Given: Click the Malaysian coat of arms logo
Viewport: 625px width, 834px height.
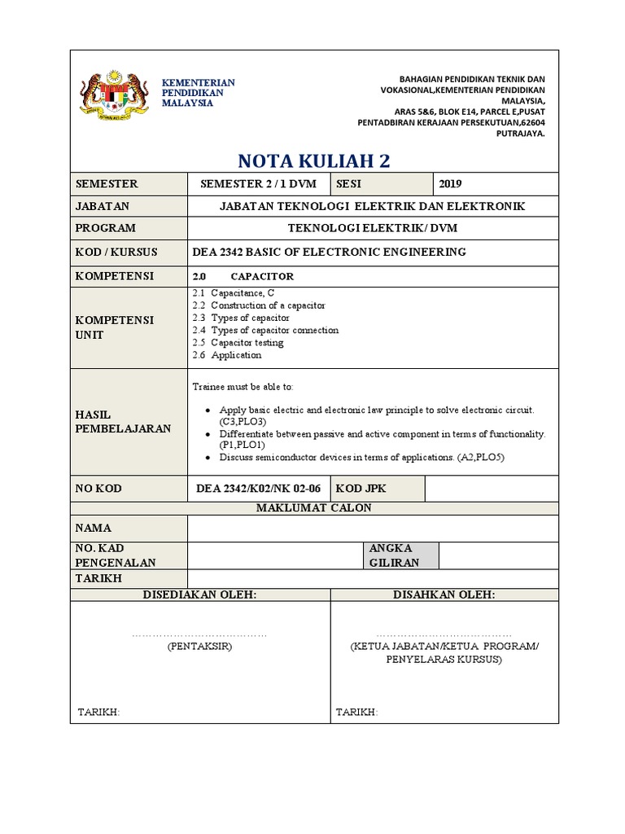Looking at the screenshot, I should pos(115,96).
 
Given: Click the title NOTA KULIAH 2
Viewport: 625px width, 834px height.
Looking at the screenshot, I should pos(313,160).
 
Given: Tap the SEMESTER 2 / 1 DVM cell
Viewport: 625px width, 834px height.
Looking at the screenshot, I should pos(258,184).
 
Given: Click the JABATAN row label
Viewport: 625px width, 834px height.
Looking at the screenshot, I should pos(103,207).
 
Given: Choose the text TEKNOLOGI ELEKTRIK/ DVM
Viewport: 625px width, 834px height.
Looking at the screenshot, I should pos(372,229).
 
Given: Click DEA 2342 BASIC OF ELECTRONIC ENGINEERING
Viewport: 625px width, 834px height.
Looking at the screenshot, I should pos(330,252).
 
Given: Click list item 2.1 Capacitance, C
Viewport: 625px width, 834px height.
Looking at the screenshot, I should pos(234,292).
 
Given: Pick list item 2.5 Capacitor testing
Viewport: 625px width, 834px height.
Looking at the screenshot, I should pos(238,343).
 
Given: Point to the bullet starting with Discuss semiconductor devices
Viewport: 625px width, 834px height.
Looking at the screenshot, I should pos(361,458).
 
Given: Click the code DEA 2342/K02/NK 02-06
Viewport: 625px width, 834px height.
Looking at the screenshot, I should pos(258,488).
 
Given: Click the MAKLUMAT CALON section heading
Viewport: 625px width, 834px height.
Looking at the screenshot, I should pos(313,508).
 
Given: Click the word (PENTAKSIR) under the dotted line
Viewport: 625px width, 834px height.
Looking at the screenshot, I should pos(200,646).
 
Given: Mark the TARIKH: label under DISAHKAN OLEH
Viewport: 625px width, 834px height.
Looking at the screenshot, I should pos(356,713).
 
